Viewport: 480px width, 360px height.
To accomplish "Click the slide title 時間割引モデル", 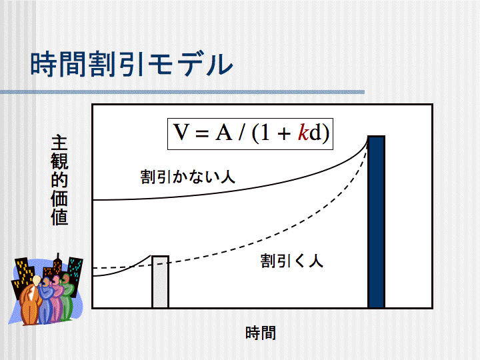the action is coord(131,64).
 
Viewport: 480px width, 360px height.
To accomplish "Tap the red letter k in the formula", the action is coord(303,133).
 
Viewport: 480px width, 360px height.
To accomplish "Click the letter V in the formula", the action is coord(181,133).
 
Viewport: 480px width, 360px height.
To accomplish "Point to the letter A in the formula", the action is coord(224,133).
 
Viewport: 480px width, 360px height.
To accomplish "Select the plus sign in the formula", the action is coord(284,134).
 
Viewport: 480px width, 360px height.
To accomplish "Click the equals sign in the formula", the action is coord(202,134).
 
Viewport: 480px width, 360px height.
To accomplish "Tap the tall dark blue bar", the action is coord(376,221).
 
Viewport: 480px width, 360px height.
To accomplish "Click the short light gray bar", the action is coord(161,281).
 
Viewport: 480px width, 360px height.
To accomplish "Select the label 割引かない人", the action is coord(187,177).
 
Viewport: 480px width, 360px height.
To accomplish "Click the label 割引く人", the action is coord(292,261).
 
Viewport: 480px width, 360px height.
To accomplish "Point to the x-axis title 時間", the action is coord(261,333).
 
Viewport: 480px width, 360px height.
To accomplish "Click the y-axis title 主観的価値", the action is coord(59,180).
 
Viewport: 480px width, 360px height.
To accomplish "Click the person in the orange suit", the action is coord(31,301).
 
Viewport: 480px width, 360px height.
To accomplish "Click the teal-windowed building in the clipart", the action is coord(75,273).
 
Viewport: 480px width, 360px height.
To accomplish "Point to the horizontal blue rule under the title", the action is coord(182,92).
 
